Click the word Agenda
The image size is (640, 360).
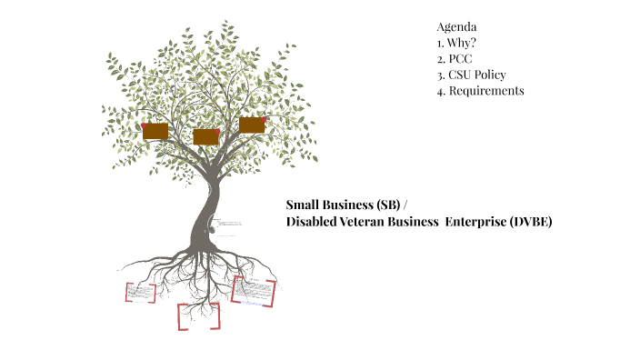(x=456, y=25)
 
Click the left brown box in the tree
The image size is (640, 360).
(x=155, y=131)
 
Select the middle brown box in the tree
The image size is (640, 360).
(x=206, y=136)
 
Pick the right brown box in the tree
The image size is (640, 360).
(x=252, y=125)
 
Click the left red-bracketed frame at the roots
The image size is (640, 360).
(x=140, y=292)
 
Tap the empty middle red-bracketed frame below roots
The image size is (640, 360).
(x=198, y=315)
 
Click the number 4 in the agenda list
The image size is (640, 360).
(x=440, y=91)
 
